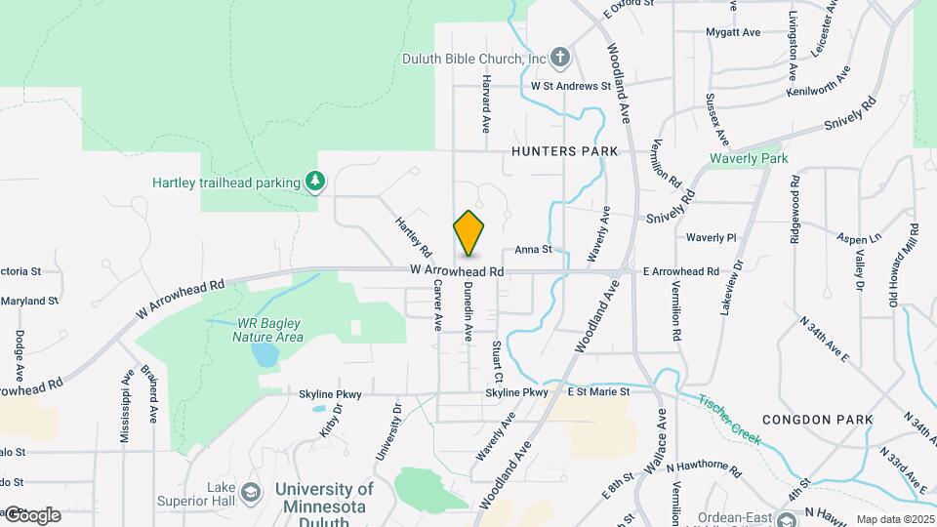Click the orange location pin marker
pyautogui.click(x=468, y=232)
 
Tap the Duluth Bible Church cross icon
pyautogui.click(x=560, y=58)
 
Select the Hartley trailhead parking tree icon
pyautogui.click(x=314, y=181)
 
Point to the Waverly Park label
pyautogui.click(x=748, y=158)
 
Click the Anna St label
pyautogui.click(x=534, y=250)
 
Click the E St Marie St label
pyautogui.click(x=599, y=392)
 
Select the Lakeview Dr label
pyautogui.click(x=730, y=285)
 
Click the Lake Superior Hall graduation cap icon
pyautogui.click(x=251, y=491)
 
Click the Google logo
pyautogui.click(x=31, y=514)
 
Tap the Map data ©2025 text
pyautogui.click(x=894, y=519)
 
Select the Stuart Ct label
pyautogui.click(x=498, y=361)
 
